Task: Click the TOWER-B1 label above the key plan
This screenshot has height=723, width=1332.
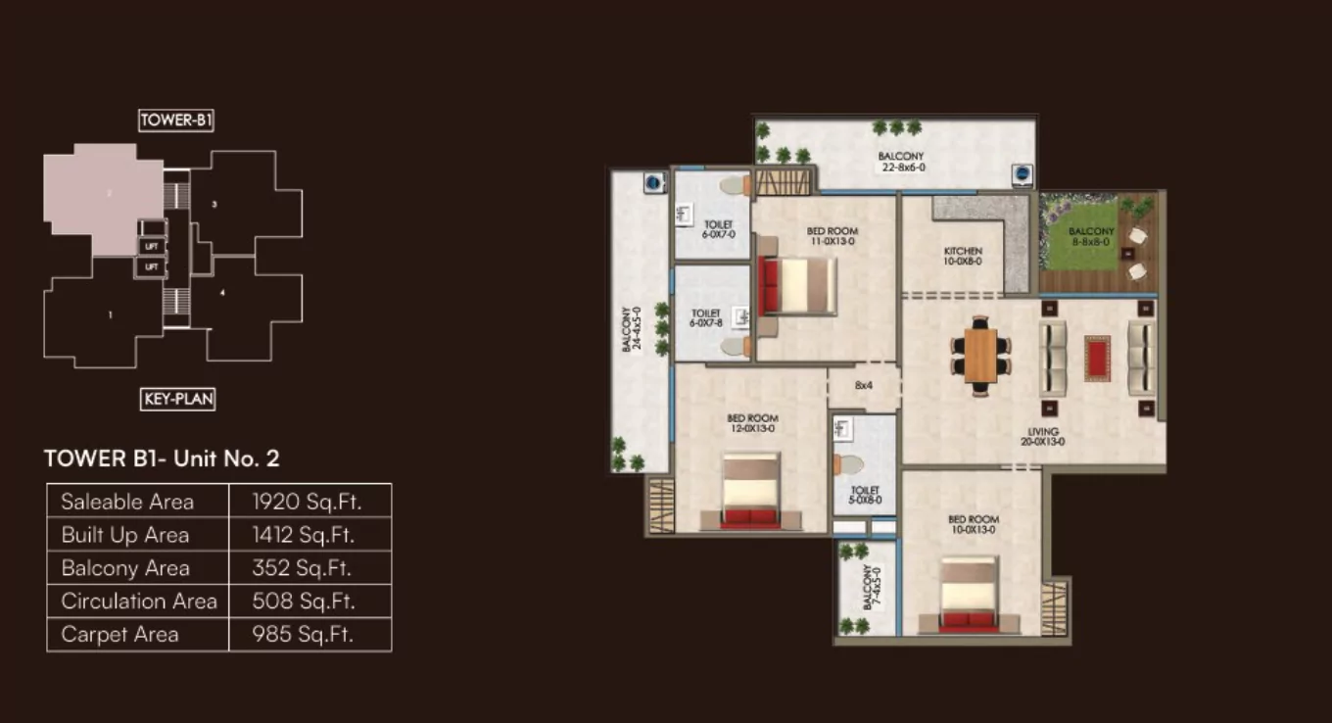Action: (176, 120)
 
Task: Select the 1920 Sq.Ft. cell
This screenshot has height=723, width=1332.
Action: (308, 502)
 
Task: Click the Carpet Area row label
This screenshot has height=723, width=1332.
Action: (120, 635)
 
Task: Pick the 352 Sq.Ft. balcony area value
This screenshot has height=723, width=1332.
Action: (304, 568)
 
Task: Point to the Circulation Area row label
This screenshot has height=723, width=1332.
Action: (139, 602)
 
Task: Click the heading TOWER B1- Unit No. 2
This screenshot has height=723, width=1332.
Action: (162, 458)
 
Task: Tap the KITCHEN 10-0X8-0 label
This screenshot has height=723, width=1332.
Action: (963, 257)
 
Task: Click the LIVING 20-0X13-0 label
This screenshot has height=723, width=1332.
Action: (1043, 436)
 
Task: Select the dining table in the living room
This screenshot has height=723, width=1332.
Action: (979, 355)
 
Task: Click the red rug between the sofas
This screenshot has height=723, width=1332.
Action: (1097, 358)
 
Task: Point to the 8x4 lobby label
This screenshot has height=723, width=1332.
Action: (863, 385)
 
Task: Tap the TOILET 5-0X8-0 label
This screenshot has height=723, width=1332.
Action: (865, 495)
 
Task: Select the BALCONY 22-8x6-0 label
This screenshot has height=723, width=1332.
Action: (900, 162)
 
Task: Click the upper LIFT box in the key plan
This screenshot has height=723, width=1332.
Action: (151, 247)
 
